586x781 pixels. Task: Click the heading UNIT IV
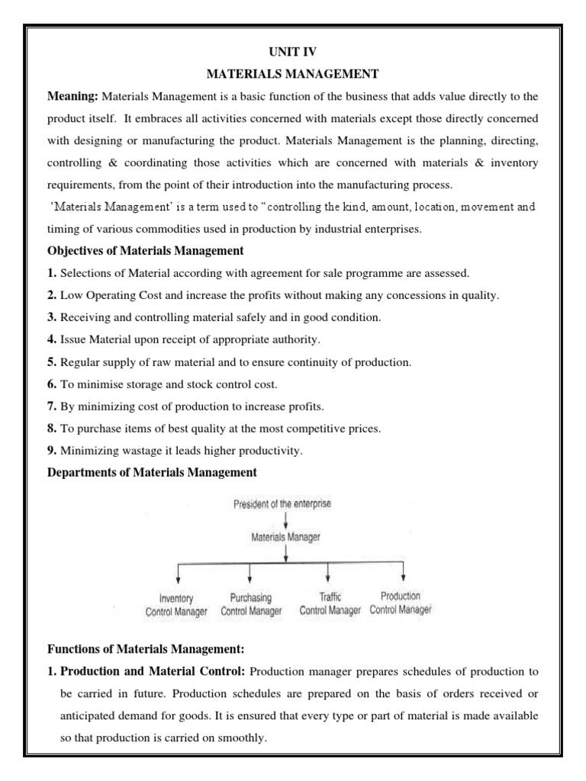[293, 52]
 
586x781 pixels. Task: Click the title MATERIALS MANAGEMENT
[293, 75]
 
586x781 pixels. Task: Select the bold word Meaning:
[72, 97]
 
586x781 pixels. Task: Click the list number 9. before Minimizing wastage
[52, 451]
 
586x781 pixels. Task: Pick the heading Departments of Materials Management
[153, 473]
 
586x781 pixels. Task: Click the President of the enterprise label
[282, 504]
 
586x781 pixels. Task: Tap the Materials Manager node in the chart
[286, 537]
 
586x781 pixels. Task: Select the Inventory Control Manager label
[175, 605]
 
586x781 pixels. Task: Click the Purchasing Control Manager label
[251, 605]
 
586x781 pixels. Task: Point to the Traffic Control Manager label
[330, 605]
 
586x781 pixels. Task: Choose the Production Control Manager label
[401, 603]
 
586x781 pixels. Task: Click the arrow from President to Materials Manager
[285, 520]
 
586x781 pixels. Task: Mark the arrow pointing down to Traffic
[327, 574]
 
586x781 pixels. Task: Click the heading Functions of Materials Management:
[146, 650]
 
